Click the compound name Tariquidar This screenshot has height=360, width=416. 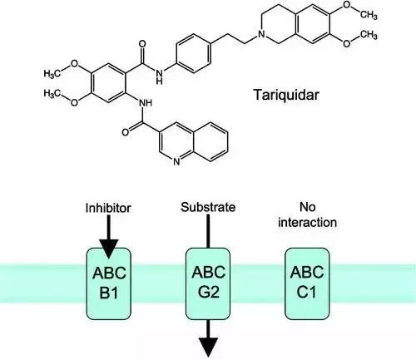tap(286, 95)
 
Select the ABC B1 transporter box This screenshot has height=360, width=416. tap(109, 284)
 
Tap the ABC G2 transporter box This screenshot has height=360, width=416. tap(208, 284)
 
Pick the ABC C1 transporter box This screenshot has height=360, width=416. tap(307, 284)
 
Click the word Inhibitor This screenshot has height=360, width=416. tap(108, 208)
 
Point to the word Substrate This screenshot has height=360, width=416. tap(208, 207)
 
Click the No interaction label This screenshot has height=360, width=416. tap(307, 215)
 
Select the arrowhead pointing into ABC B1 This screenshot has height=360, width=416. tap(108, 249)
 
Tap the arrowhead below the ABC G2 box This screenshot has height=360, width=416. tap(208, 347)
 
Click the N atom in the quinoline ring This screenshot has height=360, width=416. tap(176, 162)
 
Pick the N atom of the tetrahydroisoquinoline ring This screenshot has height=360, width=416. tap(261, 34)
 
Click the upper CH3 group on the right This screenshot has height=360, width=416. tap(369, 14)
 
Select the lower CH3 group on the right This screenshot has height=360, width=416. tap(369, 35)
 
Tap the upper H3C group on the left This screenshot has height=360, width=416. tap(52, 73)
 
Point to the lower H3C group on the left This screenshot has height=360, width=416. tap(52, 93)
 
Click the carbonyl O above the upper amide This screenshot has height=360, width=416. tap(142, 44)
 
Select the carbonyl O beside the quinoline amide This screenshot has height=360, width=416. tap(126, 132)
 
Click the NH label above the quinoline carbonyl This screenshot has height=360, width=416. tap(146, 103)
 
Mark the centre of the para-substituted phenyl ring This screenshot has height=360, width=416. tap(193, 53)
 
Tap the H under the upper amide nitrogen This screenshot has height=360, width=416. tap(159, 81)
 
